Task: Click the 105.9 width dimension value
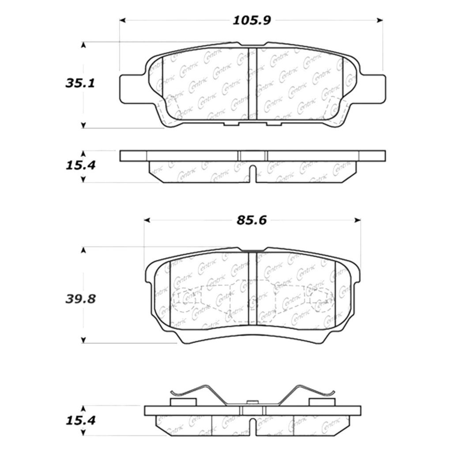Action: tap(252, 20)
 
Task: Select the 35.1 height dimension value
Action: tap(80, 83)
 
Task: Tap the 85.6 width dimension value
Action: tap(252, 221)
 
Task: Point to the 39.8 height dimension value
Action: tap(80, 299)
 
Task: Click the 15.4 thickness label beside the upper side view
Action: tap(80, 166)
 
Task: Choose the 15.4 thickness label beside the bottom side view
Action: tap(80, 421)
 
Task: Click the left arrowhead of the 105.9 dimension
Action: tap(123, 20)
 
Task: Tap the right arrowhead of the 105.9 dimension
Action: tap(380, 20)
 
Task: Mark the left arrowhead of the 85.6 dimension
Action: tap(147, 221)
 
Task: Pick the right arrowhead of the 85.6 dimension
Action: tap(358, 221)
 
